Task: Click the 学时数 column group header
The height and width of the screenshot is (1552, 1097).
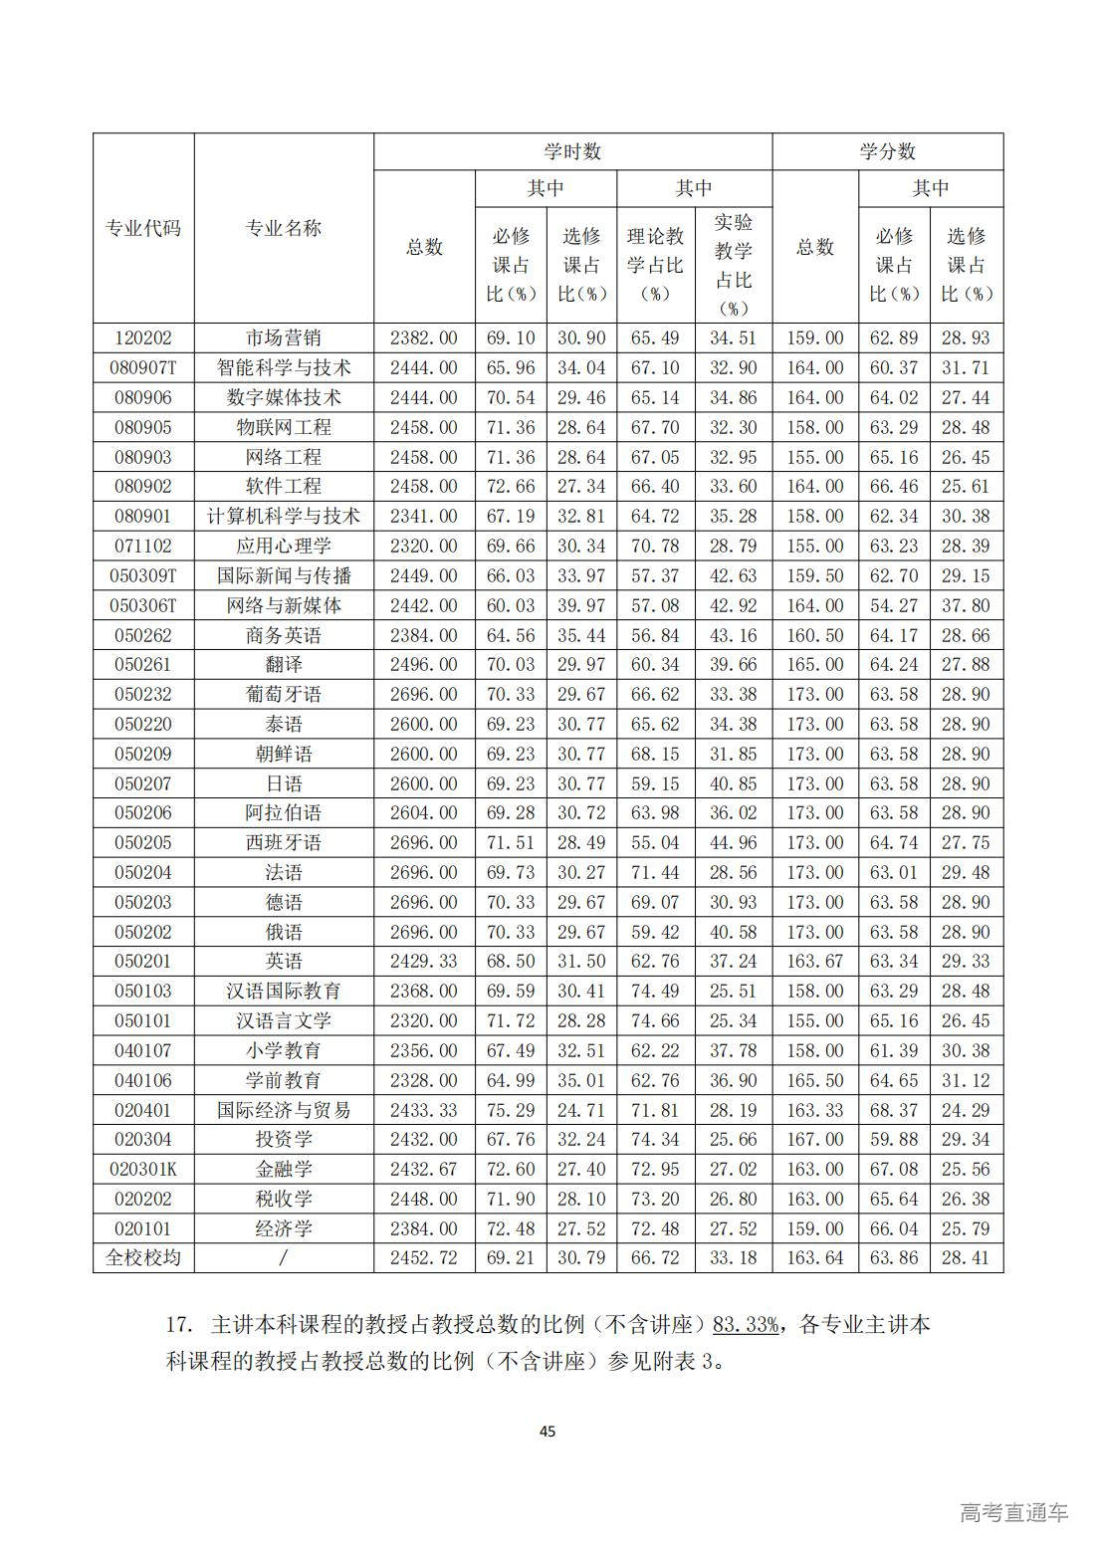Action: (x=572, y=151)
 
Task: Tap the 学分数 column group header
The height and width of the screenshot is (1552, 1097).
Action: (x=887, y=151)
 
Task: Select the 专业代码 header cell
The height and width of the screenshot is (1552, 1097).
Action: (x=143, y=228)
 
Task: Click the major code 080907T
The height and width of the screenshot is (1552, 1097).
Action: (x=143, y=367)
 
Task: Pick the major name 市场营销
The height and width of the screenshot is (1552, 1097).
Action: (x=284, y=337)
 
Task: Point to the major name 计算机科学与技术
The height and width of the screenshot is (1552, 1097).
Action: (x=284, y=516)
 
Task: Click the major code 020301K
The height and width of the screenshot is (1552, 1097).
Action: (x=143, y=1169)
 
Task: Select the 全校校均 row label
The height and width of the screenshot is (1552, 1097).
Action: (x=143, y=1257)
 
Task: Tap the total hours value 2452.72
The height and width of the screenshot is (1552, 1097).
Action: (x=424, y=1257)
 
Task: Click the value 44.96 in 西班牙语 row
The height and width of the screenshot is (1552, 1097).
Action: (x=733, y=842)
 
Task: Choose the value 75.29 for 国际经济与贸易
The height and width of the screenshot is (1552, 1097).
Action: (x=510, y=1109)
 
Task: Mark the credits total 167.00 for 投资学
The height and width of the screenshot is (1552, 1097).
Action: (x=814, y=1139)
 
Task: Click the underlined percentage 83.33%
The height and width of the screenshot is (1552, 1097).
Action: (x=746, y=1324)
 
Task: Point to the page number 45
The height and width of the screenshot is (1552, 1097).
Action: (x=548, y=1432)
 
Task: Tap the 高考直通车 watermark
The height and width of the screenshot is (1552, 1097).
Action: (x=1013, y=1512)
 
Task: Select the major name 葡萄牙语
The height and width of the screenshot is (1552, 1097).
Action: (x=284, y=694)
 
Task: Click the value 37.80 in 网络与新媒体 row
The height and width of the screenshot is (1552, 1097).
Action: (x=966, y=605)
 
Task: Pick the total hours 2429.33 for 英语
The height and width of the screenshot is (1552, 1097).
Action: (x=424, y=961)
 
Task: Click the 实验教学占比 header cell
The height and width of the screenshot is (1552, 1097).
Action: (x=733, y=264)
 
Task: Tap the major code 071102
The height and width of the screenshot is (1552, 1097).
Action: (x=143, y=546)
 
